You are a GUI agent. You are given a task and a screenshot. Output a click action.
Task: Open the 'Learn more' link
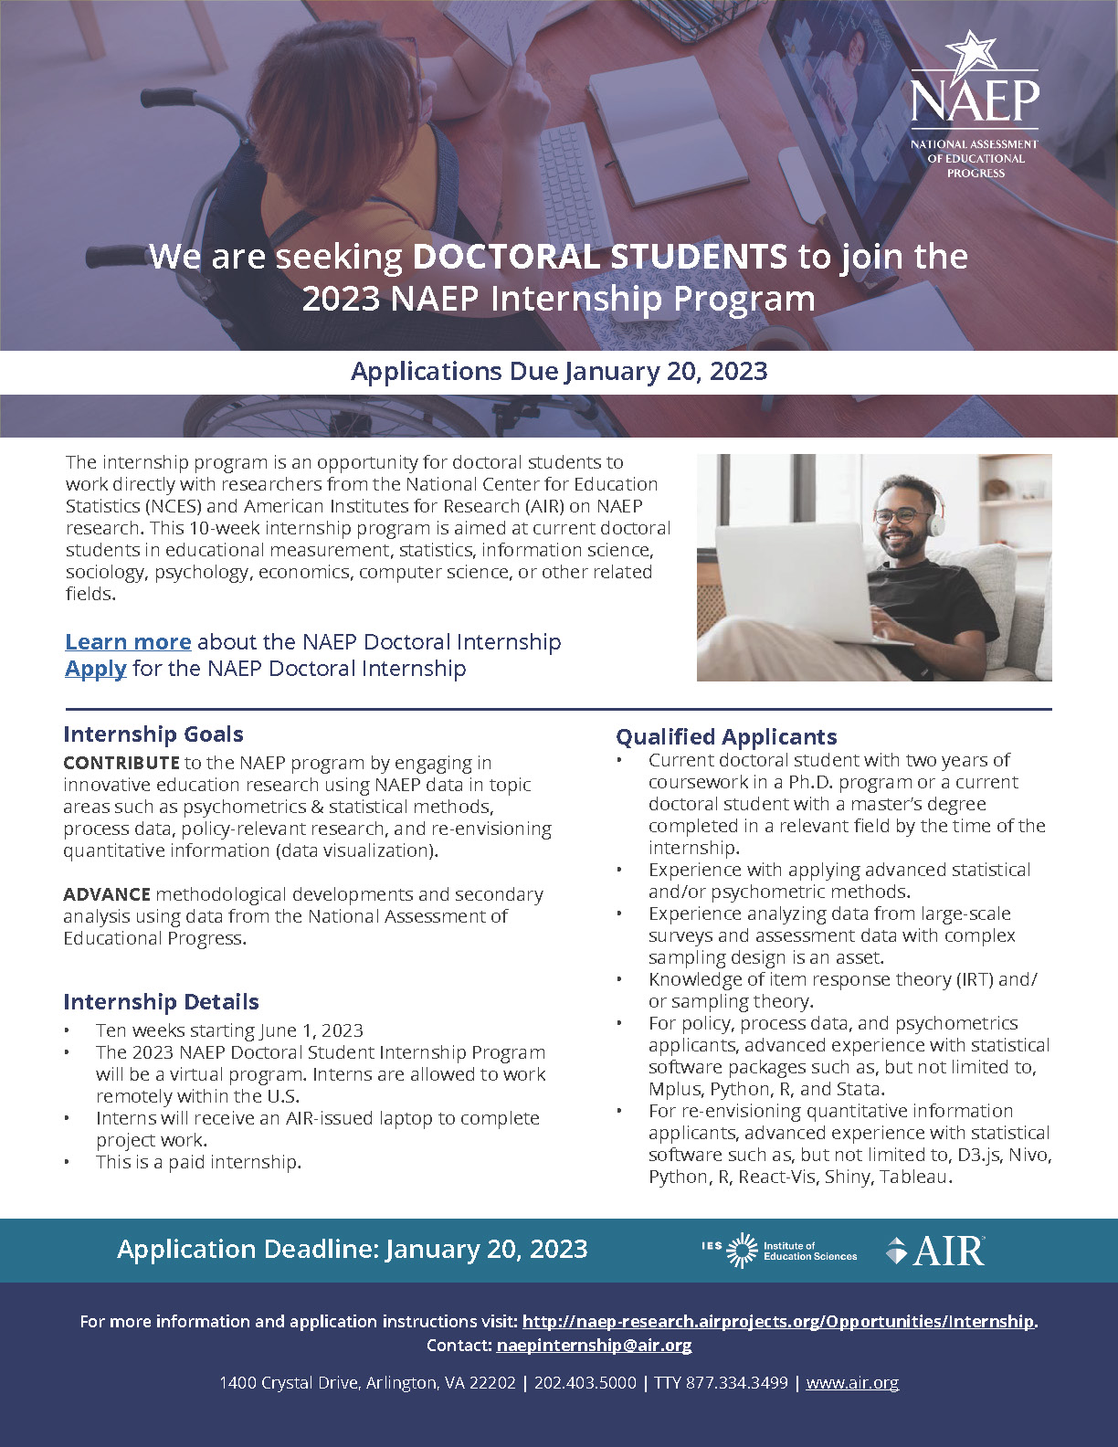point(128,642)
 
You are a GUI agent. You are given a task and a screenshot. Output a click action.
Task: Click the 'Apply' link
point(95,669)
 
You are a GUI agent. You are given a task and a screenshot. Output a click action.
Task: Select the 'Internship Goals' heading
point(153,734)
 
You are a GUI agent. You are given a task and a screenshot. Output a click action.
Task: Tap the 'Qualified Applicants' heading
point(726,736)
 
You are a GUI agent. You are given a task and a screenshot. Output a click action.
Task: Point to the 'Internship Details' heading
point(161,1002)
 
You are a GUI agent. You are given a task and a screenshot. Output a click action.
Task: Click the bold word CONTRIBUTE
point(121,763)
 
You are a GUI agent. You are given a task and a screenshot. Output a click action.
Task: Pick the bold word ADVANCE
point(106,894)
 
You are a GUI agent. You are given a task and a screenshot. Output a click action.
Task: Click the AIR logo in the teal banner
point(935,1250)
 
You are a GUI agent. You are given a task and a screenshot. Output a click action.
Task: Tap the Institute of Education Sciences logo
point(780,1251)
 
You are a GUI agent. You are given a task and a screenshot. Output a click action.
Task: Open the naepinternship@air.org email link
point(594,1345)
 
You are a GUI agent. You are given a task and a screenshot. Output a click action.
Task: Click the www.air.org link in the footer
point(852,1383)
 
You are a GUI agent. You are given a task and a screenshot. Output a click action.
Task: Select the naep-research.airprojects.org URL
point(778,1321)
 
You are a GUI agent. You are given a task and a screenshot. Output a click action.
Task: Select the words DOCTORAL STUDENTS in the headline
point(599,257)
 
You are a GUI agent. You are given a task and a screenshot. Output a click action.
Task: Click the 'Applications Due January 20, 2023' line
point(559,372)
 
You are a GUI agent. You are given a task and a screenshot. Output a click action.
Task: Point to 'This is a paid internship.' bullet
point(198,1162)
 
